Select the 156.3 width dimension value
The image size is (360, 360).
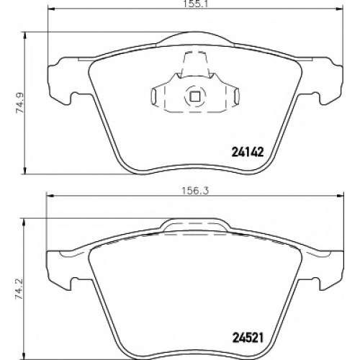[x=196, y=191]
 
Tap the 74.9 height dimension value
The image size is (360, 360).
[x=19, y=103]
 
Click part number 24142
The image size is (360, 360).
[x=248, y=152]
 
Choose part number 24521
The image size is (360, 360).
[x=248, y=338]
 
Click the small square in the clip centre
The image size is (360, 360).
[x=195, y=96]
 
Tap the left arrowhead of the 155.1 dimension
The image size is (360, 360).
[x=52, y=9]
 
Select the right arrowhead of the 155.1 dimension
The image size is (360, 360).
[x=338, y=9]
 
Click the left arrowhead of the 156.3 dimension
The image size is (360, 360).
[x=49, y=196]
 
